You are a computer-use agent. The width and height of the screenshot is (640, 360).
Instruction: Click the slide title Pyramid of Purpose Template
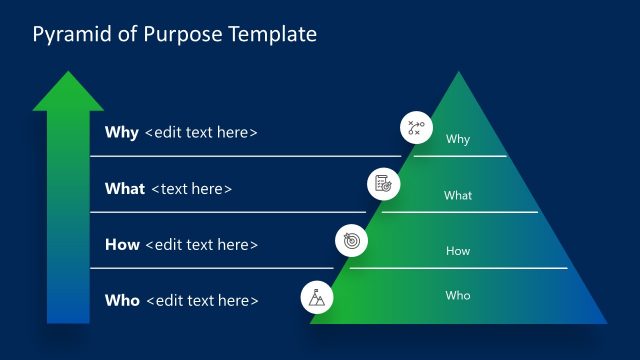(x=175, y=35)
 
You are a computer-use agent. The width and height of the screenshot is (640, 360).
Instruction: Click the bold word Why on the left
(x=122, y=132)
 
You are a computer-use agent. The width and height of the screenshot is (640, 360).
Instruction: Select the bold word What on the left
(x=125, y=188)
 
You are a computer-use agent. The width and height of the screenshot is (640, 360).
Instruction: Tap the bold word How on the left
(x=122, y=244)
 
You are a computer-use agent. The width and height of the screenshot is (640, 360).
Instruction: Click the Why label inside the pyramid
(x=458, y=140)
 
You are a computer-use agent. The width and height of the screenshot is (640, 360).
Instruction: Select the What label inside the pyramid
(x=458, y=196)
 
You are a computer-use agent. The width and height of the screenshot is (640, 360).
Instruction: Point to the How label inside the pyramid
(x=458, y=252)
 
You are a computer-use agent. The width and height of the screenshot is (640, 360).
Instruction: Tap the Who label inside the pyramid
(x=458, y=296)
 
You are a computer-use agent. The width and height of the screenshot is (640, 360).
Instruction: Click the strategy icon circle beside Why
(x=414, y=128)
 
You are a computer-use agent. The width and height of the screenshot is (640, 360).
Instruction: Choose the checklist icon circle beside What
(x=382, y=184)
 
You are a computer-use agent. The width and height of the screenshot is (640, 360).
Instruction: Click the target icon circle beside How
(x=350, y=240)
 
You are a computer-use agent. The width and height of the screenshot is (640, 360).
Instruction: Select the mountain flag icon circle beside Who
(x=318, y=296)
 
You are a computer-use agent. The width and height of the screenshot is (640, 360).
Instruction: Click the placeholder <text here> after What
(x=192, y=188)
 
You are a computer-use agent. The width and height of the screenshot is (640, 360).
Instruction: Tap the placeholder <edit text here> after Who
(x=203, y=300)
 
